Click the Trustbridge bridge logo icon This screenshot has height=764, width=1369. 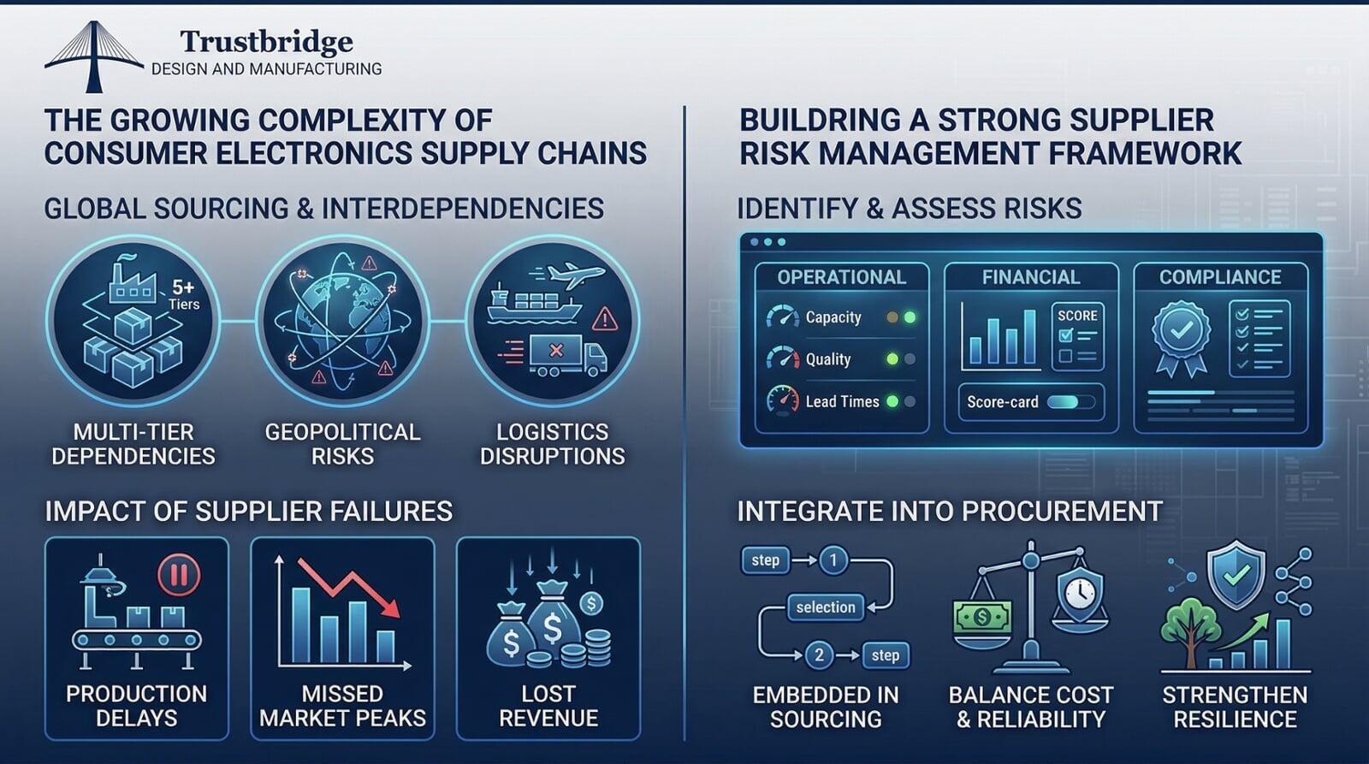coord(93,56)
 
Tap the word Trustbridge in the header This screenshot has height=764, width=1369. coord(267,41)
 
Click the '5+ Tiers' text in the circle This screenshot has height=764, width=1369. coord(183,294)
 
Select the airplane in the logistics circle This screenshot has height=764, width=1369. coord(575,275)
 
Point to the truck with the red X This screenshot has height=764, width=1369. coord(567,353)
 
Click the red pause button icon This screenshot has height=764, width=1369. coord(179,574)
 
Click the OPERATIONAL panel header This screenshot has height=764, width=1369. coord(841,277)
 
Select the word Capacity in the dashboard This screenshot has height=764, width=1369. coord(833,317)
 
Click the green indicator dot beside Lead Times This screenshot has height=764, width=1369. coord(892,401)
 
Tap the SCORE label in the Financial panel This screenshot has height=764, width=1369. coord(1077,315)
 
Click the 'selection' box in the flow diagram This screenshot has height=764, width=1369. coord(825,607)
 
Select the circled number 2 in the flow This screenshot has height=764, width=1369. coord(819,655)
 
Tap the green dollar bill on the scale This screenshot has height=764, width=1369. coord(982,616)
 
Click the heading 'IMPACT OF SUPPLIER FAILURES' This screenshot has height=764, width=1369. coord(248,512)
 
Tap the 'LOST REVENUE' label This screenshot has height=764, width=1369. coord(548,706)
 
